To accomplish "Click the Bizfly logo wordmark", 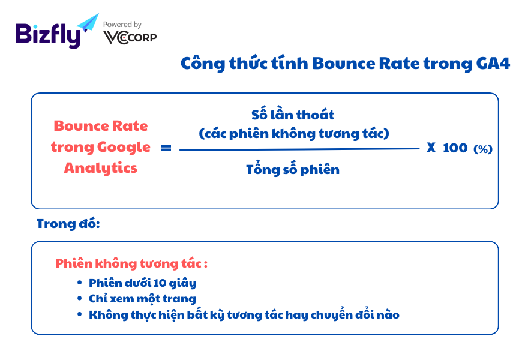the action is click(48, 35).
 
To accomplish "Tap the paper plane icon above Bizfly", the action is click(88, 22).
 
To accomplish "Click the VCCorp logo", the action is click(130, 37).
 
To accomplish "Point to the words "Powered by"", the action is click(122, 25).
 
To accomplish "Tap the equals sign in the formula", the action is click(166, 148).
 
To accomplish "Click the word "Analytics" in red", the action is click(100, 168).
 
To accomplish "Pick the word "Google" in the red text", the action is click(124, 148).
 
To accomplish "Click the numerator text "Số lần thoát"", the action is click(293, 115).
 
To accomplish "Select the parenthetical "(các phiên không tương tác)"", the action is click(293, 134).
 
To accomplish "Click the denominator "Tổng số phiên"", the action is click(293, 169).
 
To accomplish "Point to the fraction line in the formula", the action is click(299, 149).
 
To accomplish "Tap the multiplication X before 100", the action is click(431, 148).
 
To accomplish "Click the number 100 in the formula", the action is click(455, 148).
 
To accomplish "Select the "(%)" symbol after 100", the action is click(483, 149).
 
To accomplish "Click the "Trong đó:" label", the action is click(68, 224).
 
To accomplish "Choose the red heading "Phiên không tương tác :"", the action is click(131, 263).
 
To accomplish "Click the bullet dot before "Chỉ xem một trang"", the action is click(79, 298).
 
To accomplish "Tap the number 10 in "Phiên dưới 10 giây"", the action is click(160, 283).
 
